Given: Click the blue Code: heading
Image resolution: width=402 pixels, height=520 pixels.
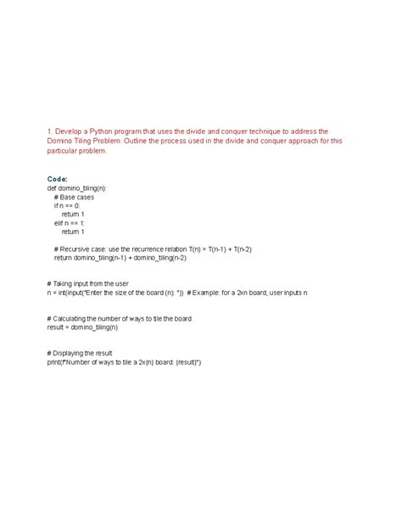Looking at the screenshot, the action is tap(58, 180).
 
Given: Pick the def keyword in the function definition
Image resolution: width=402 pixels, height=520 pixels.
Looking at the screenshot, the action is tap(52, 188).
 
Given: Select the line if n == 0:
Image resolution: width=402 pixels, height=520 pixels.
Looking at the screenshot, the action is tap(70, 205).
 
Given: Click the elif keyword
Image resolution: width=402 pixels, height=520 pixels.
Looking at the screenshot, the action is tap(59, 222).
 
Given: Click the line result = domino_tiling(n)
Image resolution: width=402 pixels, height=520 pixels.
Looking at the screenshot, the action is tap(82, 327).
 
